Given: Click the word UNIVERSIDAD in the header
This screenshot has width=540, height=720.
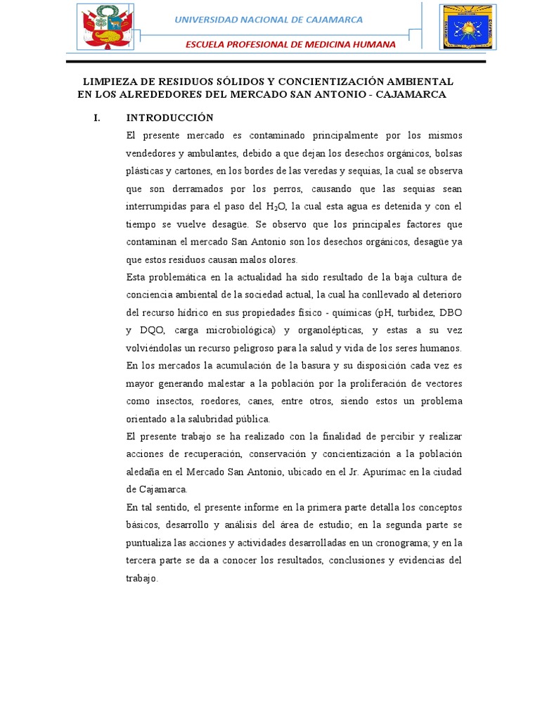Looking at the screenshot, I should coord(210,20).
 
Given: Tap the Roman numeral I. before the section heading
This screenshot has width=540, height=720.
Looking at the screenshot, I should coord(98,117).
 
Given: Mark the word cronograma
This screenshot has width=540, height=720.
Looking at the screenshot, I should coord(407,543).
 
